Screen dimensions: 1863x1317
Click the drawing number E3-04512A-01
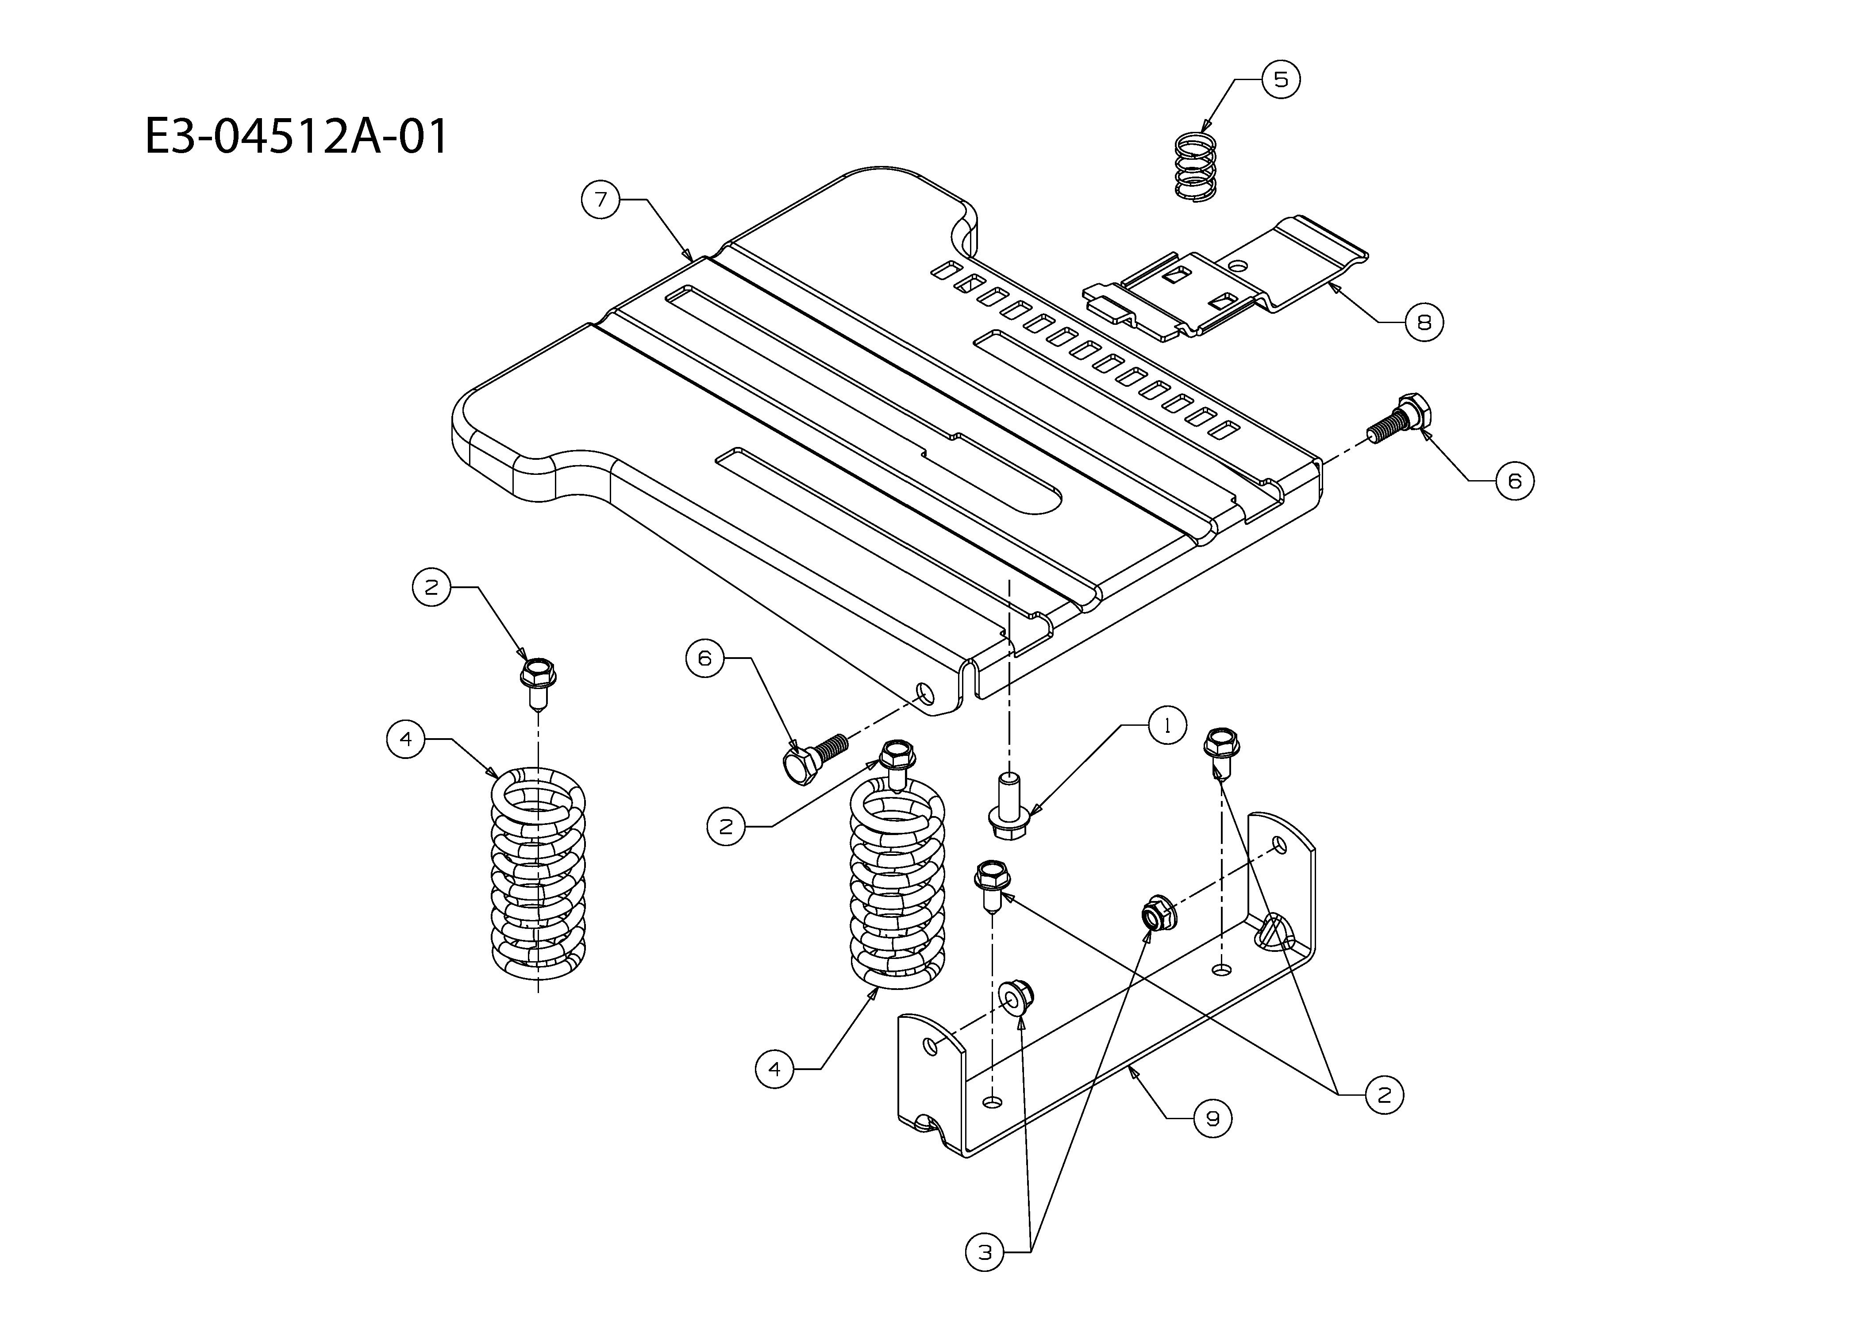click(296, 136)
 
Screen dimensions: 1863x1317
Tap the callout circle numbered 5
click(1280, 80)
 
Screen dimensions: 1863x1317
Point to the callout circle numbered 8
click(1424, 322)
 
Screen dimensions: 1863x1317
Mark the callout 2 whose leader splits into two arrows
click(1384, 1095)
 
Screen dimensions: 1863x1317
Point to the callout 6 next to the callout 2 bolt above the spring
click(704, 657)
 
